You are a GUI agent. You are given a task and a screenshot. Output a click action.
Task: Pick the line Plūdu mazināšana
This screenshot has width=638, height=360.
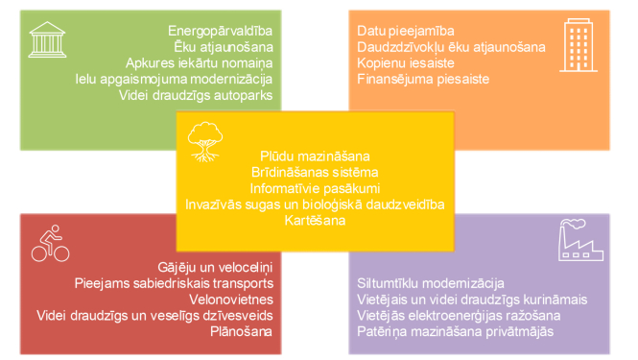point(315,155)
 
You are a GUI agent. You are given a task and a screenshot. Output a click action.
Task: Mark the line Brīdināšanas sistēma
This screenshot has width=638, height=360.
point(315,171)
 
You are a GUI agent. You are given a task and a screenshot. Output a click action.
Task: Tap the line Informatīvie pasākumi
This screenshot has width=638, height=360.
point(315,187)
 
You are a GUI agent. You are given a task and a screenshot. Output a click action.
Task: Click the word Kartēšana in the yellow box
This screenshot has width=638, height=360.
point(315,220)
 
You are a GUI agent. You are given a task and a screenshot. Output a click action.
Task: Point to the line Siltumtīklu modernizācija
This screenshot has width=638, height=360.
point(431,283)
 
